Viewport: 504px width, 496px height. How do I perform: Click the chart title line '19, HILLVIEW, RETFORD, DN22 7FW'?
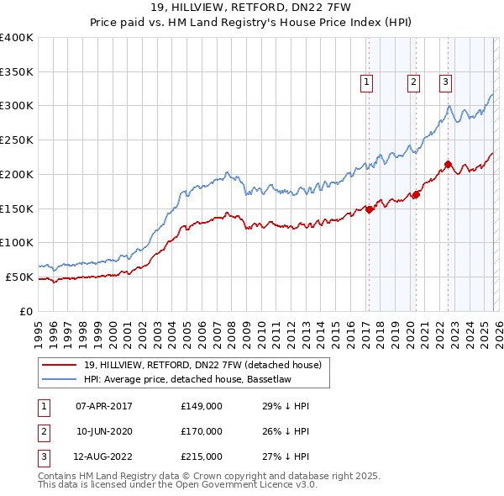pos(251,8)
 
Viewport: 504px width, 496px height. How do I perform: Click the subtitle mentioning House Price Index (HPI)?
pos(251,23)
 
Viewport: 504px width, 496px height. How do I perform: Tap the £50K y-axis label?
pos(19,277)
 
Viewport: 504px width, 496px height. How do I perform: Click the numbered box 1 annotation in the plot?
pos(368,82)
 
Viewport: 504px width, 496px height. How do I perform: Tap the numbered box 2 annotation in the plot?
pos(414,82)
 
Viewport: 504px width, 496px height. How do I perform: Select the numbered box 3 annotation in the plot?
pos(445,82)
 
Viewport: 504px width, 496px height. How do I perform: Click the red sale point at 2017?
pos(369,209)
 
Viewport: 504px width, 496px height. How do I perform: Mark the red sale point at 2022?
pos(448,164)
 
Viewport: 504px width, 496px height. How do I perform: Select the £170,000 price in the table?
pos(202,432)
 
